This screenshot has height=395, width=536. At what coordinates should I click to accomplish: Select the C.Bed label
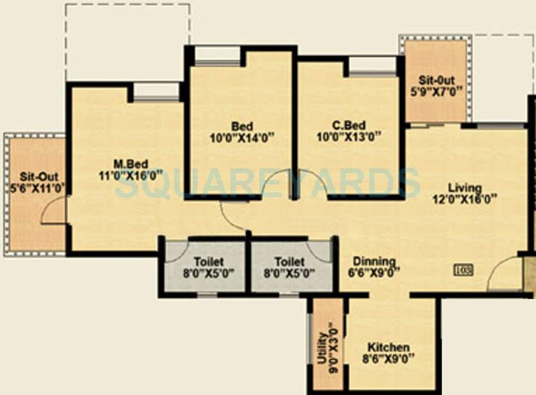coord(348,125)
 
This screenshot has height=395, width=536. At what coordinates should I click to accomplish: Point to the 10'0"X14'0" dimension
coord(242,138)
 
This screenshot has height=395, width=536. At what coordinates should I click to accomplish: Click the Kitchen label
coord(388,347)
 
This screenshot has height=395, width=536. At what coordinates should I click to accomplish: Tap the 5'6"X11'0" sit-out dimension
coord(34,188)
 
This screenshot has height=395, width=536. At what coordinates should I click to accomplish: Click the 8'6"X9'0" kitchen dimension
coord(388,359)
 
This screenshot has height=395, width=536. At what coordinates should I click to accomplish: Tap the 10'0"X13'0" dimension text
coord(348,138)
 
